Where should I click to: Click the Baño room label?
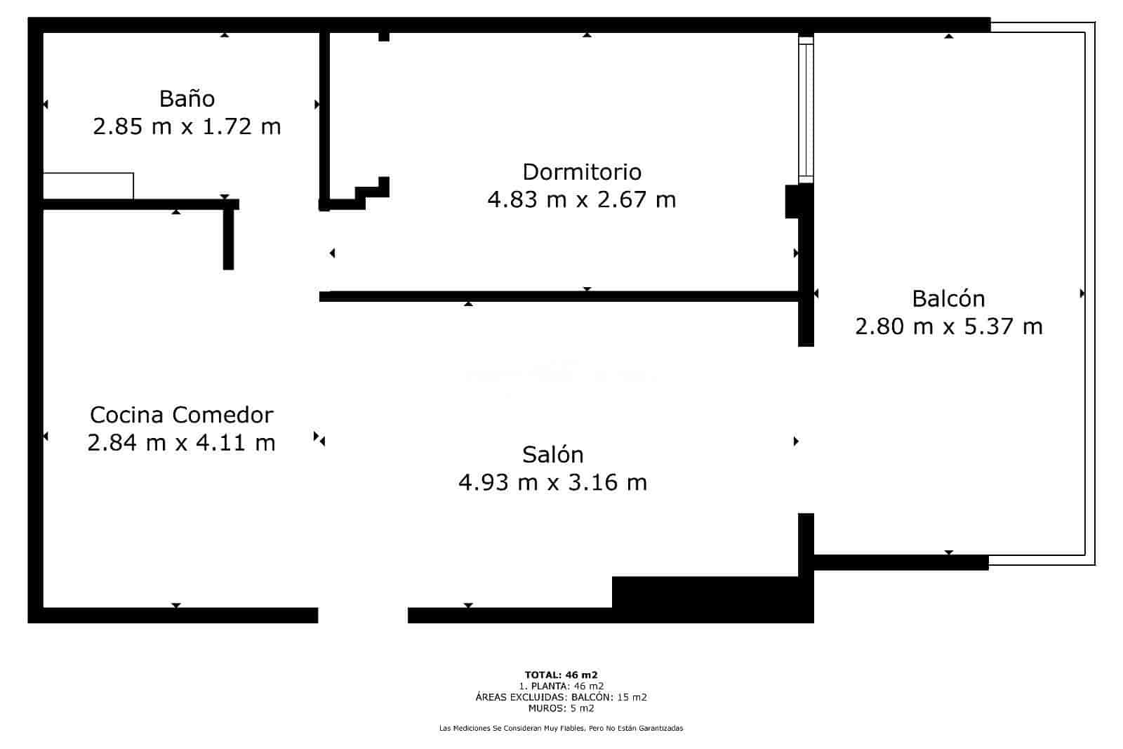[x=187, y=98]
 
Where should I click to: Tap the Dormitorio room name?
[x=582, y=172]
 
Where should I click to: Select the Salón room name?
[x=552, y=454]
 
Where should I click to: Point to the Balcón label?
[x=948, y=298]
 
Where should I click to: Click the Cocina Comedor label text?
[x=182, y=415]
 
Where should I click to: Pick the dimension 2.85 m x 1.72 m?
[x=187, y=126]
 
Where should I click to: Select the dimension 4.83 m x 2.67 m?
[x=582, y=199]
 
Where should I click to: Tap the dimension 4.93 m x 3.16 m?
[x=552, y=482]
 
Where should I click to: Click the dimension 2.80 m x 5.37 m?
[x=948, y=326]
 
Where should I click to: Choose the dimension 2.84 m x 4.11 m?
[x=181, y=443]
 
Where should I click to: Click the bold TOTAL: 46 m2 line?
[x=561, y=675]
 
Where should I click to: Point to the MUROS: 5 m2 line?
[x=561, y=708]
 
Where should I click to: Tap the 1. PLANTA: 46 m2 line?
[x=561, y=686]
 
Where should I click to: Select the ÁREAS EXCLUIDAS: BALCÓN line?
[x=561, y=697]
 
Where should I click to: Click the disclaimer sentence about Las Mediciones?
[x=561, y=728]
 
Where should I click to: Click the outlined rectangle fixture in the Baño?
[x=88, y=186]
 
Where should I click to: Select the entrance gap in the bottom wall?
[x=363, y=615]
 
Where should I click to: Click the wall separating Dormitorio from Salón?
[x=559, y=296]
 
